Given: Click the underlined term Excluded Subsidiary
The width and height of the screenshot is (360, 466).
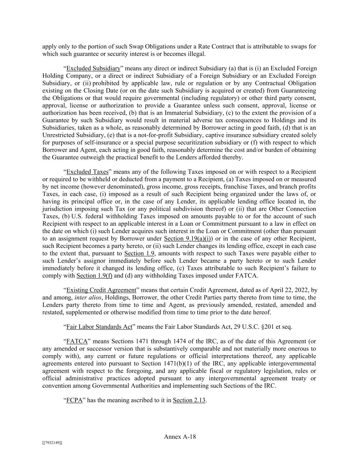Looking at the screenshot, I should click(93, 68).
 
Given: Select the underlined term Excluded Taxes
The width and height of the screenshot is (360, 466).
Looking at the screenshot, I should click(87, 172).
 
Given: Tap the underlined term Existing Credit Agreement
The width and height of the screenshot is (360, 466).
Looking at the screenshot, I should click(101, 290).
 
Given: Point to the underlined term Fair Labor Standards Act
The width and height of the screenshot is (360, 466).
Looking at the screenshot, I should click(99, 327).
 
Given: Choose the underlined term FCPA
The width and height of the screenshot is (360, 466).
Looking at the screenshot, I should click(74, 400).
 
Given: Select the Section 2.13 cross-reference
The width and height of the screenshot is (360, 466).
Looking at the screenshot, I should click(189, 400).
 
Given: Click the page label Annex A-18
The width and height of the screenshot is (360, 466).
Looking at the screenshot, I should click(180, 437).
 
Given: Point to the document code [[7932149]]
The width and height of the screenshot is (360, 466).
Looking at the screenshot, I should click(52, 443).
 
